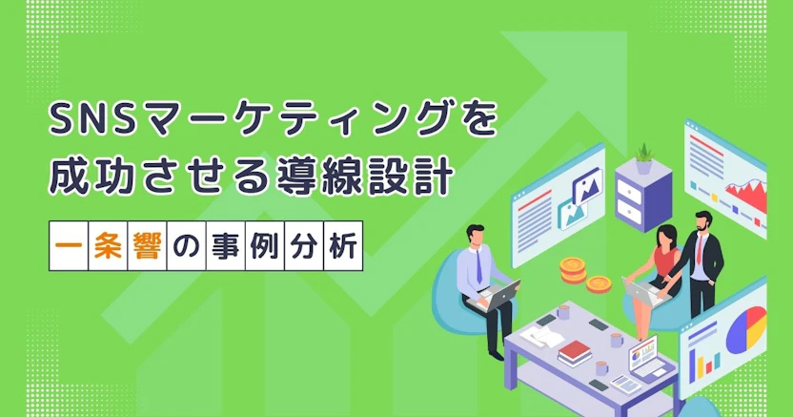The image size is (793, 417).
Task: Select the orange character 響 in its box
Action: click(147, 245)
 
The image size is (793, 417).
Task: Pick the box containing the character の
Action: click(187, 245)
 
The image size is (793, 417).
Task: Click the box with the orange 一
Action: click(69, 245)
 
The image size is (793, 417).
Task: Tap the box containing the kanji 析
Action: click(343, 245)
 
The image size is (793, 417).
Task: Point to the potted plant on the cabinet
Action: click(643, 159)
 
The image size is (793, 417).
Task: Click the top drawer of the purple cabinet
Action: click(630, 191)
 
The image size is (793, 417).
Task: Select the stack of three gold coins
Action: click(573, 270)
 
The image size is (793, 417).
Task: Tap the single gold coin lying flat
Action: click(599, 284)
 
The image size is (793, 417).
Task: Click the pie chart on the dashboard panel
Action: click(746, 329)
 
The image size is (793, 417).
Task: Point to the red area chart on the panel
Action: click(746, 195)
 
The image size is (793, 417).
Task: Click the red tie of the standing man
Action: click(700, 248)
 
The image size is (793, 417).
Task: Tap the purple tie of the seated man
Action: click(478, 265)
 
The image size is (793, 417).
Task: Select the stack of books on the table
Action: click(575, 353)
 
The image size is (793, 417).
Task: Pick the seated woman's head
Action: click(666, 236)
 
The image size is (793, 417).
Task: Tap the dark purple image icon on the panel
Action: click(588, 186)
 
